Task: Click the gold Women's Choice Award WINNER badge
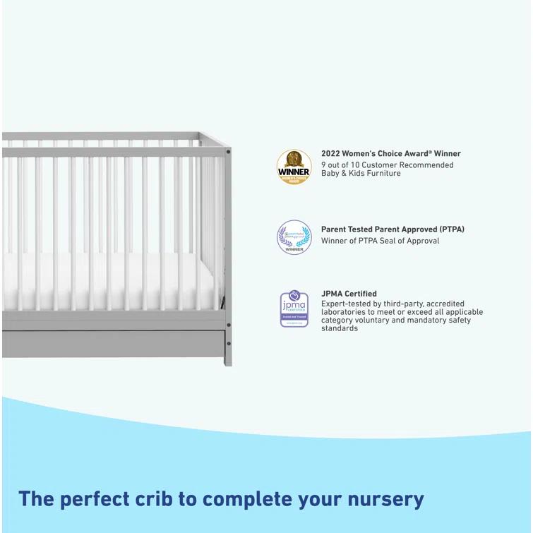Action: (294, 167)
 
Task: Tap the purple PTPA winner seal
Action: (294, 237)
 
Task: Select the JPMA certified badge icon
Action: (294, 309)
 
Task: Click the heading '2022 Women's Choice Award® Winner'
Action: (390, 153)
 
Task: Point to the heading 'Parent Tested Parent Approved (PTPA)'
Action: (393, 229)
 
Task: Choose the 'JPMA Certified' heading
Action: (349, 294)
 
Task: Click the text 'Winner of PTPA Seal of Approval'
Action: (380, 241)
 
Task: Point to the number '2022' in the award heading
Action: (331, 153)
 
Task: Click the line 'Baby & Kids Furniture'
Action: (361, 174)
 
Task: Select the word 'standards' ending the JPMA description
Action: (340, 329)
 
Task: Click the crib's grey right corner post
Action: (227, 247)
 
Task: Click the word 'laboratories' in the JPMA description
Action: (346, 312)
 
